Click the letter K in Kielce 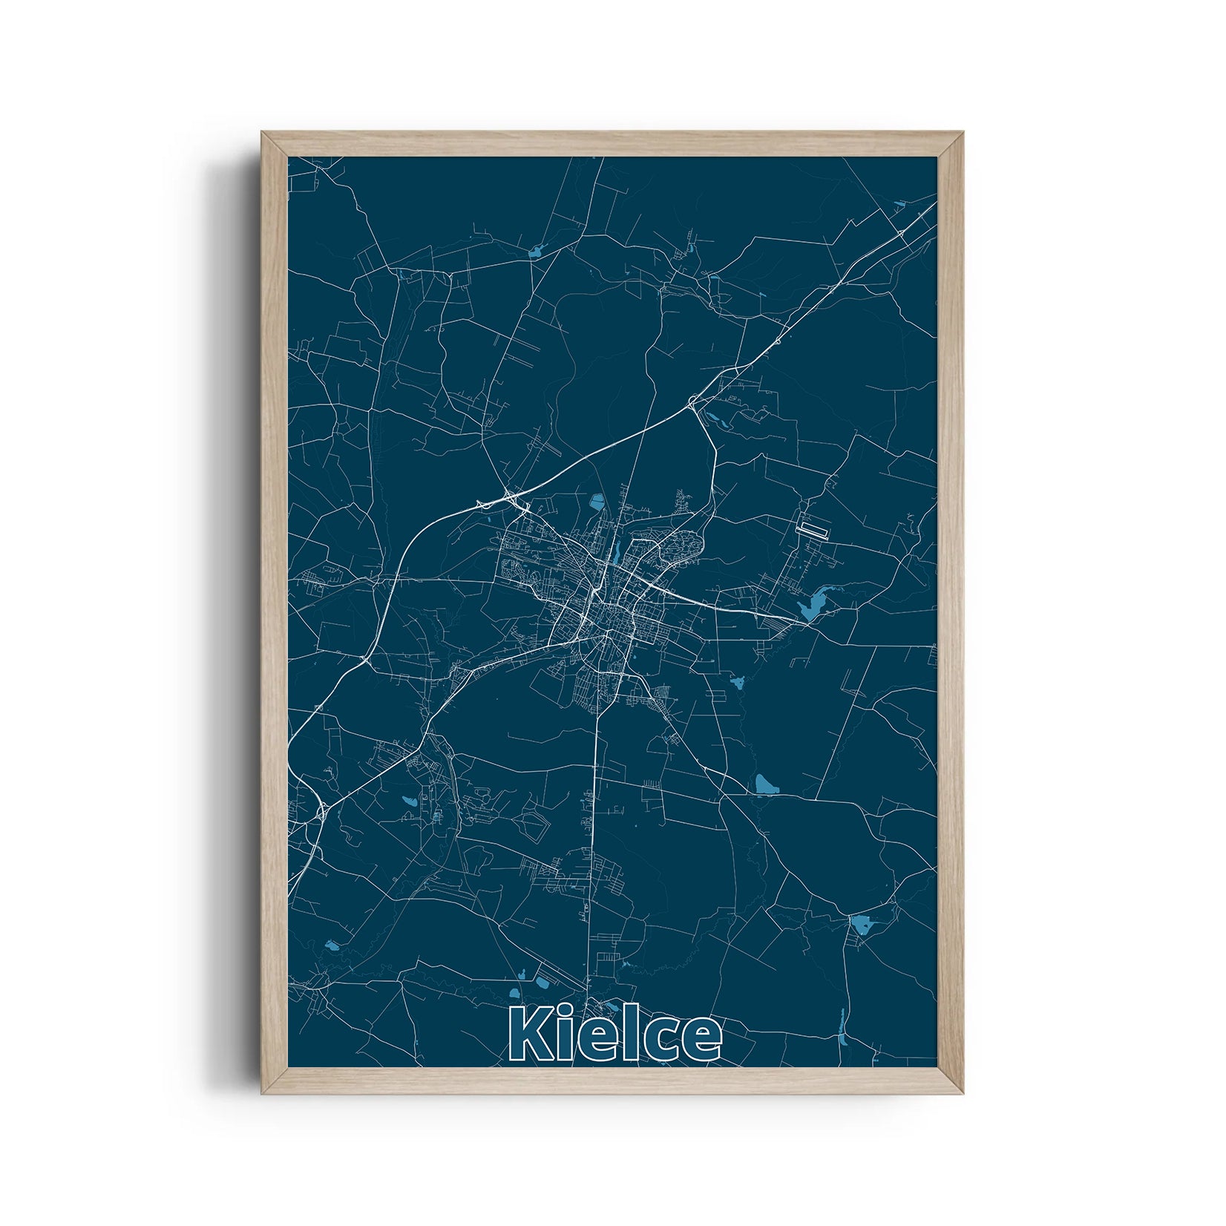530,1038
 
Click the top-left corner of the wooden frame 263,133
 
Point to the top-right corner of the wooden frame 964,133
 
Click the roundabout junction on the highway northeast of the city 692,401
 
